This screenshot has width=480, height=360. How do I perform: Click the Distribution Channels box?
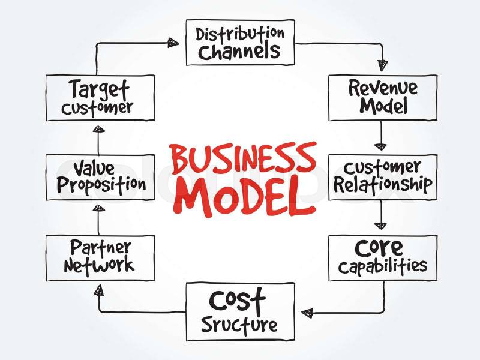point(240,42)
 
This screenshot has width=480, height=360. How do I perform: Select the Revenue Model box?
point(382,97)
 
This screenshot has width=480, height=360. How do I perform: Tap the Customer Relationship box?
point(382,176)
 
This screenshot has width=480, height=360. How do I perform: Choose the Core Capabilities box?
point(382,257)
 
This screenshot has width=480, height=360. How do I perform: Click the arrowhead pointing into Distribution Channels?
point(173,42)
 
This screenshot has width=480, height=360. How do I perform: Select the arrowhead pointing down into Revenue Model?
point(380,65)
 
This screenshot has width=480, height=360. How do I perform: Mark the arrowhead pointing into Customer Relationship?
point(380,145)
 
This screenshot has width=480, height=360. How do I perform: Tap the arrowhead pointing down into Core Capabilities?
point(380,226)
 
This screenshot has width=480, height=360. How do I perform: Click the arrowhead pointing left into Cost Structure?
point(307,313)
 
